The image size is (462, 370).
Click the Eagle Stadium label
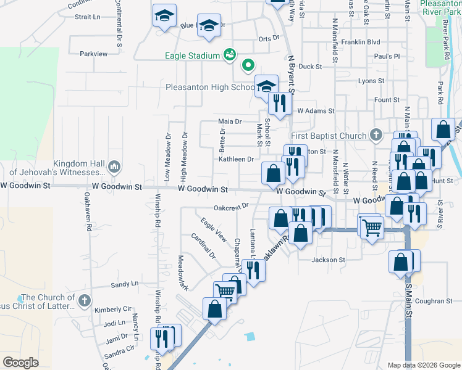click(192, 56)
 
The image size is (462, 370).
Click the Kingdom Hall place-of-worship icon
click(114, 166)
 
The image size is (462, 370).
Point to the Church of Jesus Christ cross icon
click(85, 301)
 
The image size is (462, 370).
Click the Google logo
click(21, 363)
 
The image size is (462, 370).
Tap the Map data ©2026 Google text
click(424, 365)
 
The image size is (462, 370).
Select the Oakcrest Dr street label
click(231, 207)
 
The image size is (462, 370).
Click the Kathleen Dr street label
click(236, 159)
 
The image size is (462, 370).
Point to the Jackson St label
click(328, 260)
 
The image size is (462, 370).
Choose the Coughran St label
click(434, 301)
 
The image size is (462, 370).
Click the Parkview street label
click(94, 54)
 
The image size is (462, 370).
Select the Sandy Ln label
click(124, 284)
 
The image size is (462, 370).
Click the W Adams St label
click(315, 111)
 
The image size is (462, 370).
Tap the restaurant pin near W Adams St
click(281, 103)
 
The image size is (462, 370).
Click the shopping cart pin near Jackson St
click(372, 226)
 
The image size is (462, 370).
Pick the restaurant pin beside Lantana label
click(253, 269)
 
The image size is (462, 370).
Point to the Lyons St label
click(371, 81)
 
